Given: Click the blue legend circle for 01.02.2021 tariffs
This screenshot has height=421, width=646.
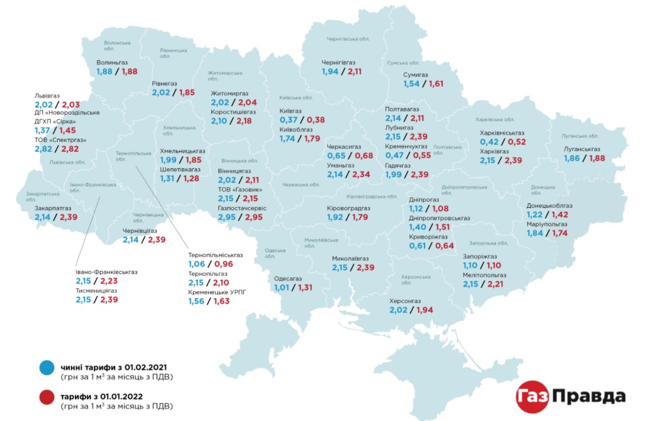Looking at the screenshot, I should pos(45,369).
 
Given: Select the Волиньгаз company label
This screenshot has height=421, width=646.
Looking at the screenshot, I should pos(112,61).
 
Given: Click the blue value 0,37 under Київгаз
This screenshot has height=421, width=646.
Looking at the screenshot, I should pos(289,120).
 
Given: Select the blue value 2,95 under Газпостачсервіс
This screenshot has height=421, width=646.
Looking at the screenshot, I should pos(227,218).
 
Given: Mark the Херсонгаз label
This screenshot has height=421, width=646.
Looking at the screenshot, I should pos(405,301).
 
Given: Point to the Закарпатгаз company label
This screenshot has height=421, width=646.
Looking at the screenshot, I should pos(53,208).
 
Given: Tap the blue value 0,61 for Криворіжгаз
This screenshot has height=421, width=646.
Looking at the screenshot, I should pos(418,246).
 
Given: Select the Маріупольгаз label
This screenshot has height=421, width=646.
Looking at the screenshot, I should pos(547,224).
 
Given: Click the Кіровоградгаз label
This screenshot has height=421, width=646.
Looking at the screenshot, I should pos(348,208).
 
